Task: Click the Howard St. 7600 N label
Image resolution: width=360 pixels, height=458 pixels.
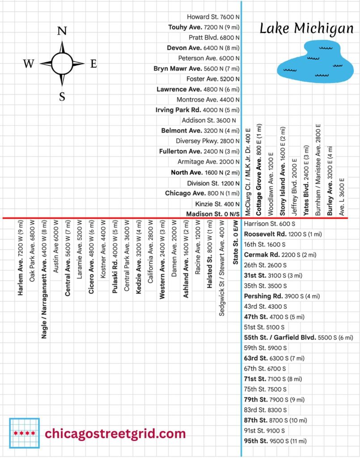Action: tap(213, 17)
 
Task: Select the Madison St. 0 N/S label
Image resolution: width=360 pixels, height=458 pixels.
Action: tap(213, 214)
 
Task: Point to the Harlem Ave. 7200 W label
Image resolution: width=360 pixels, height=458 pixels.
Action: tap(21, 258)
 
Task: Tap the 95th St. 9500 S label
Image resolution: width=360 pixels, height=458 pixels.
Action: tap(275, 441)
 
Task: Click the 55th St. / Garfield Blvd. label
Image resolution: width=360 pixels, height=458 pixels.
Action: tap(298, 338)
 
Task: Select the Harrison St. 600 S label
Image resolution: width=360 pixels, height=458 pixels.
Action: tap(270, 224)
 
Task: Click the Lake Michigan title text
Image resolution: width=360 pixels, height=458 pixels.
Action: tap(306, 29)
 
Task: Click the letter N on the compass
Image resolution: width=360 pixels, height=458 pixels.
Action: tap(62, 31)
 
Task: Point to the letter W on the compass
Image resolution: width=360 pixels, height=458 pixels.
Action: tap(29, 64)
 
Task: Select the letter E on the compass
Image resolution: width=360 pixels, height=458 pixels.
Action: tap(93, 64)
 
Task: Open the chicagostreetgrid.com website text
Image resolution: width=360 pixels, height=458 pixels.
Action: tap(115, 433)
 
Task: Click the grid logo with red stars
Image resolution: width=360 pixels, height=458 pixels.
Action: tap(24, 433)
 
